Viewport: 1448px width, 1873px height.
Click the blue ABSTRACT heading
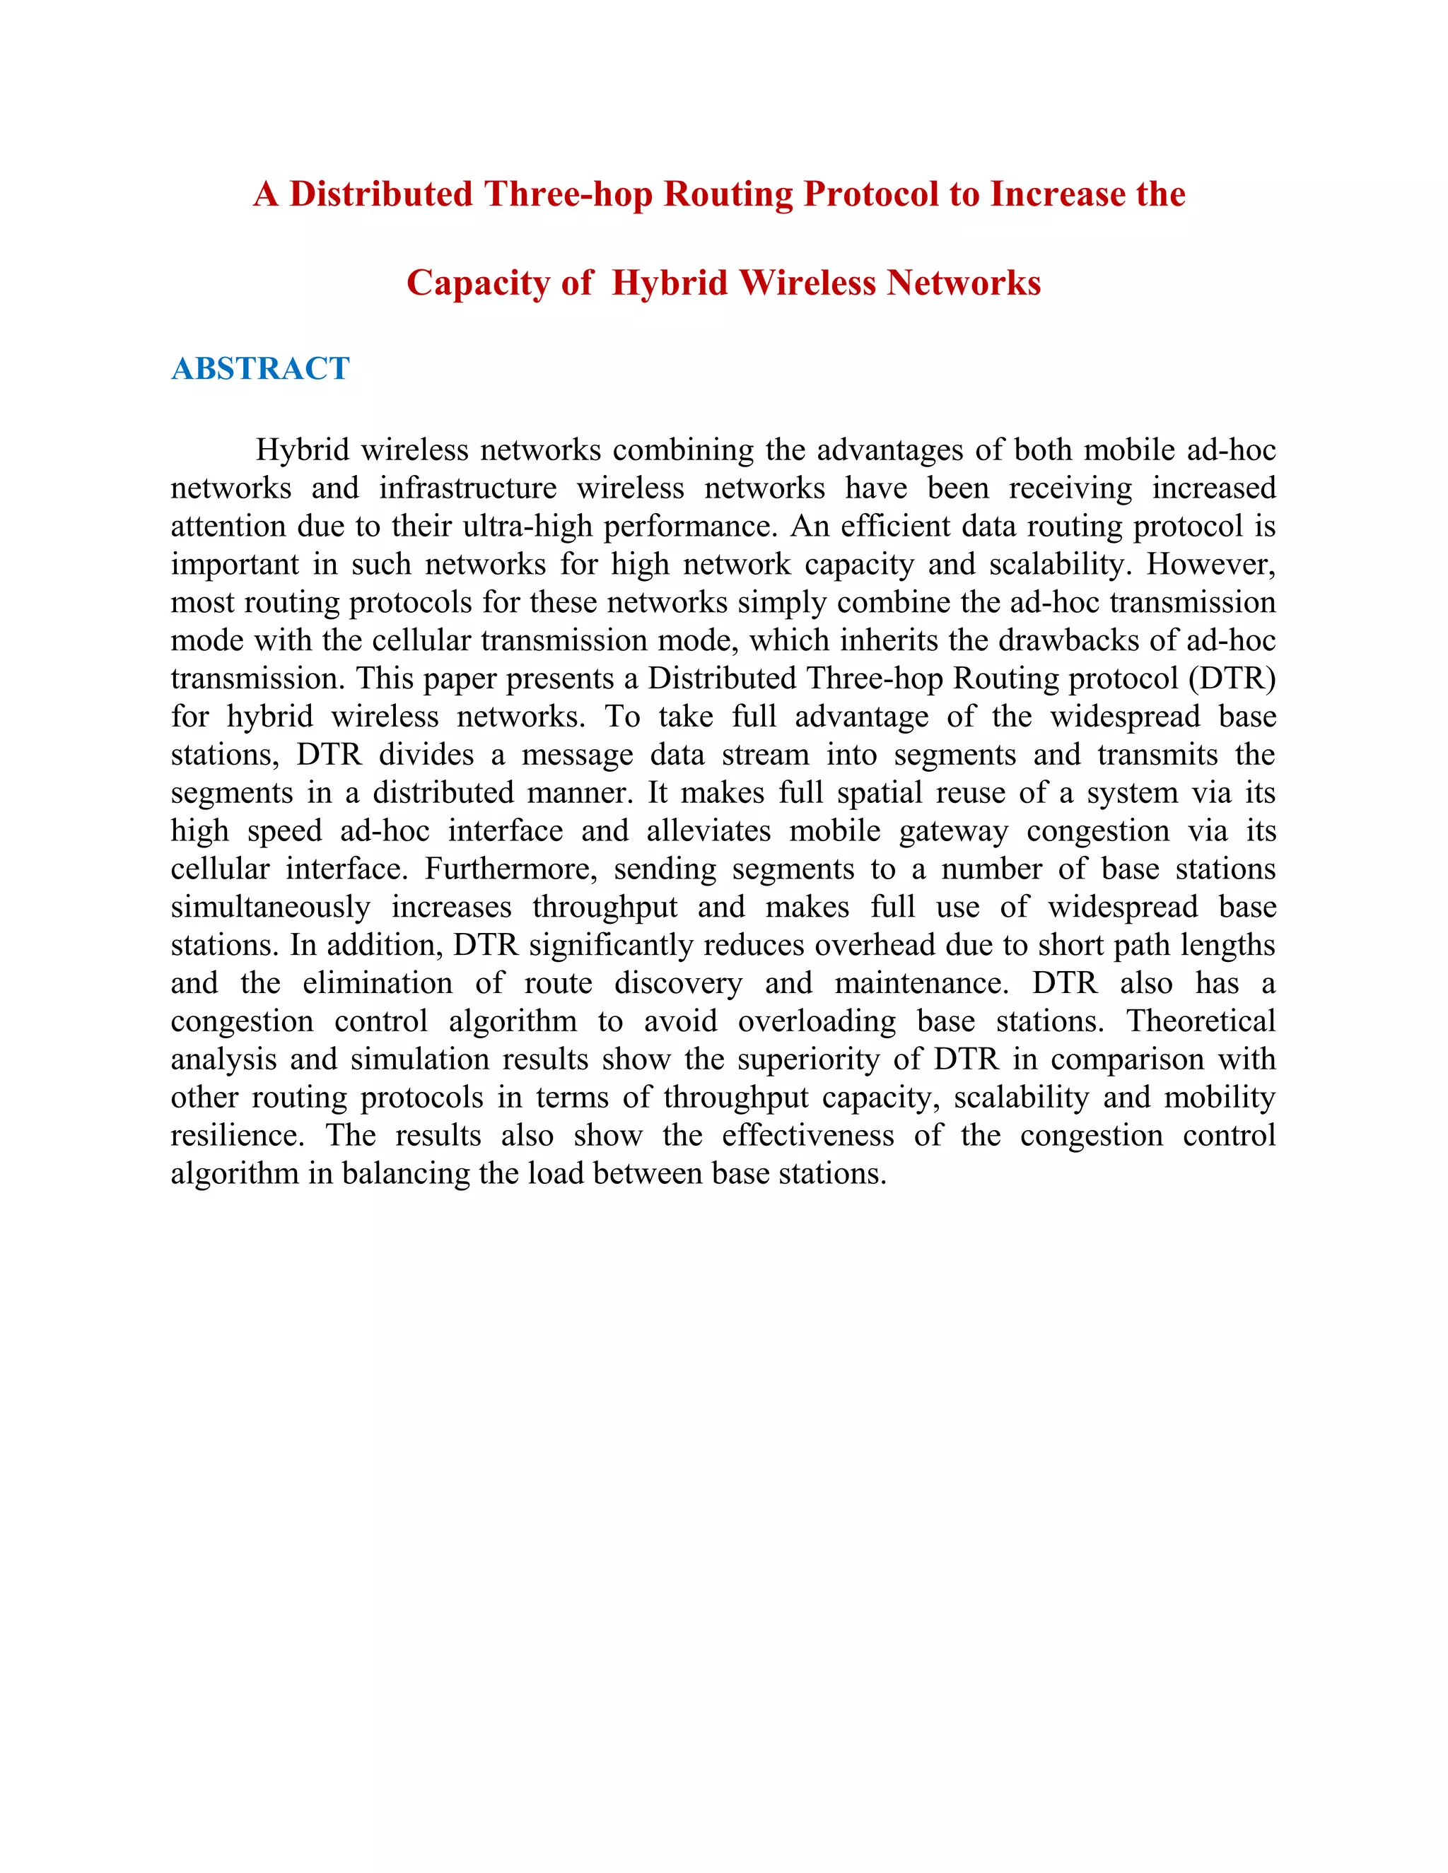[x=260, y=369]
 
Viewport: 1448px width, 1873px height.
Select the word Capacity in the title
[x=478, y=283]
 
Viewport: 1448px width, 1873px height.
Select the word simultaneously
[x=270, y=908]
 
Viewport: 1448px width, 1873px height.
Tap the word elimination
[x=378, y=983]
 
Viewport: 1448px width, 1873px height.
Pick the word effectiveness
[x=807, y=1136]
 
